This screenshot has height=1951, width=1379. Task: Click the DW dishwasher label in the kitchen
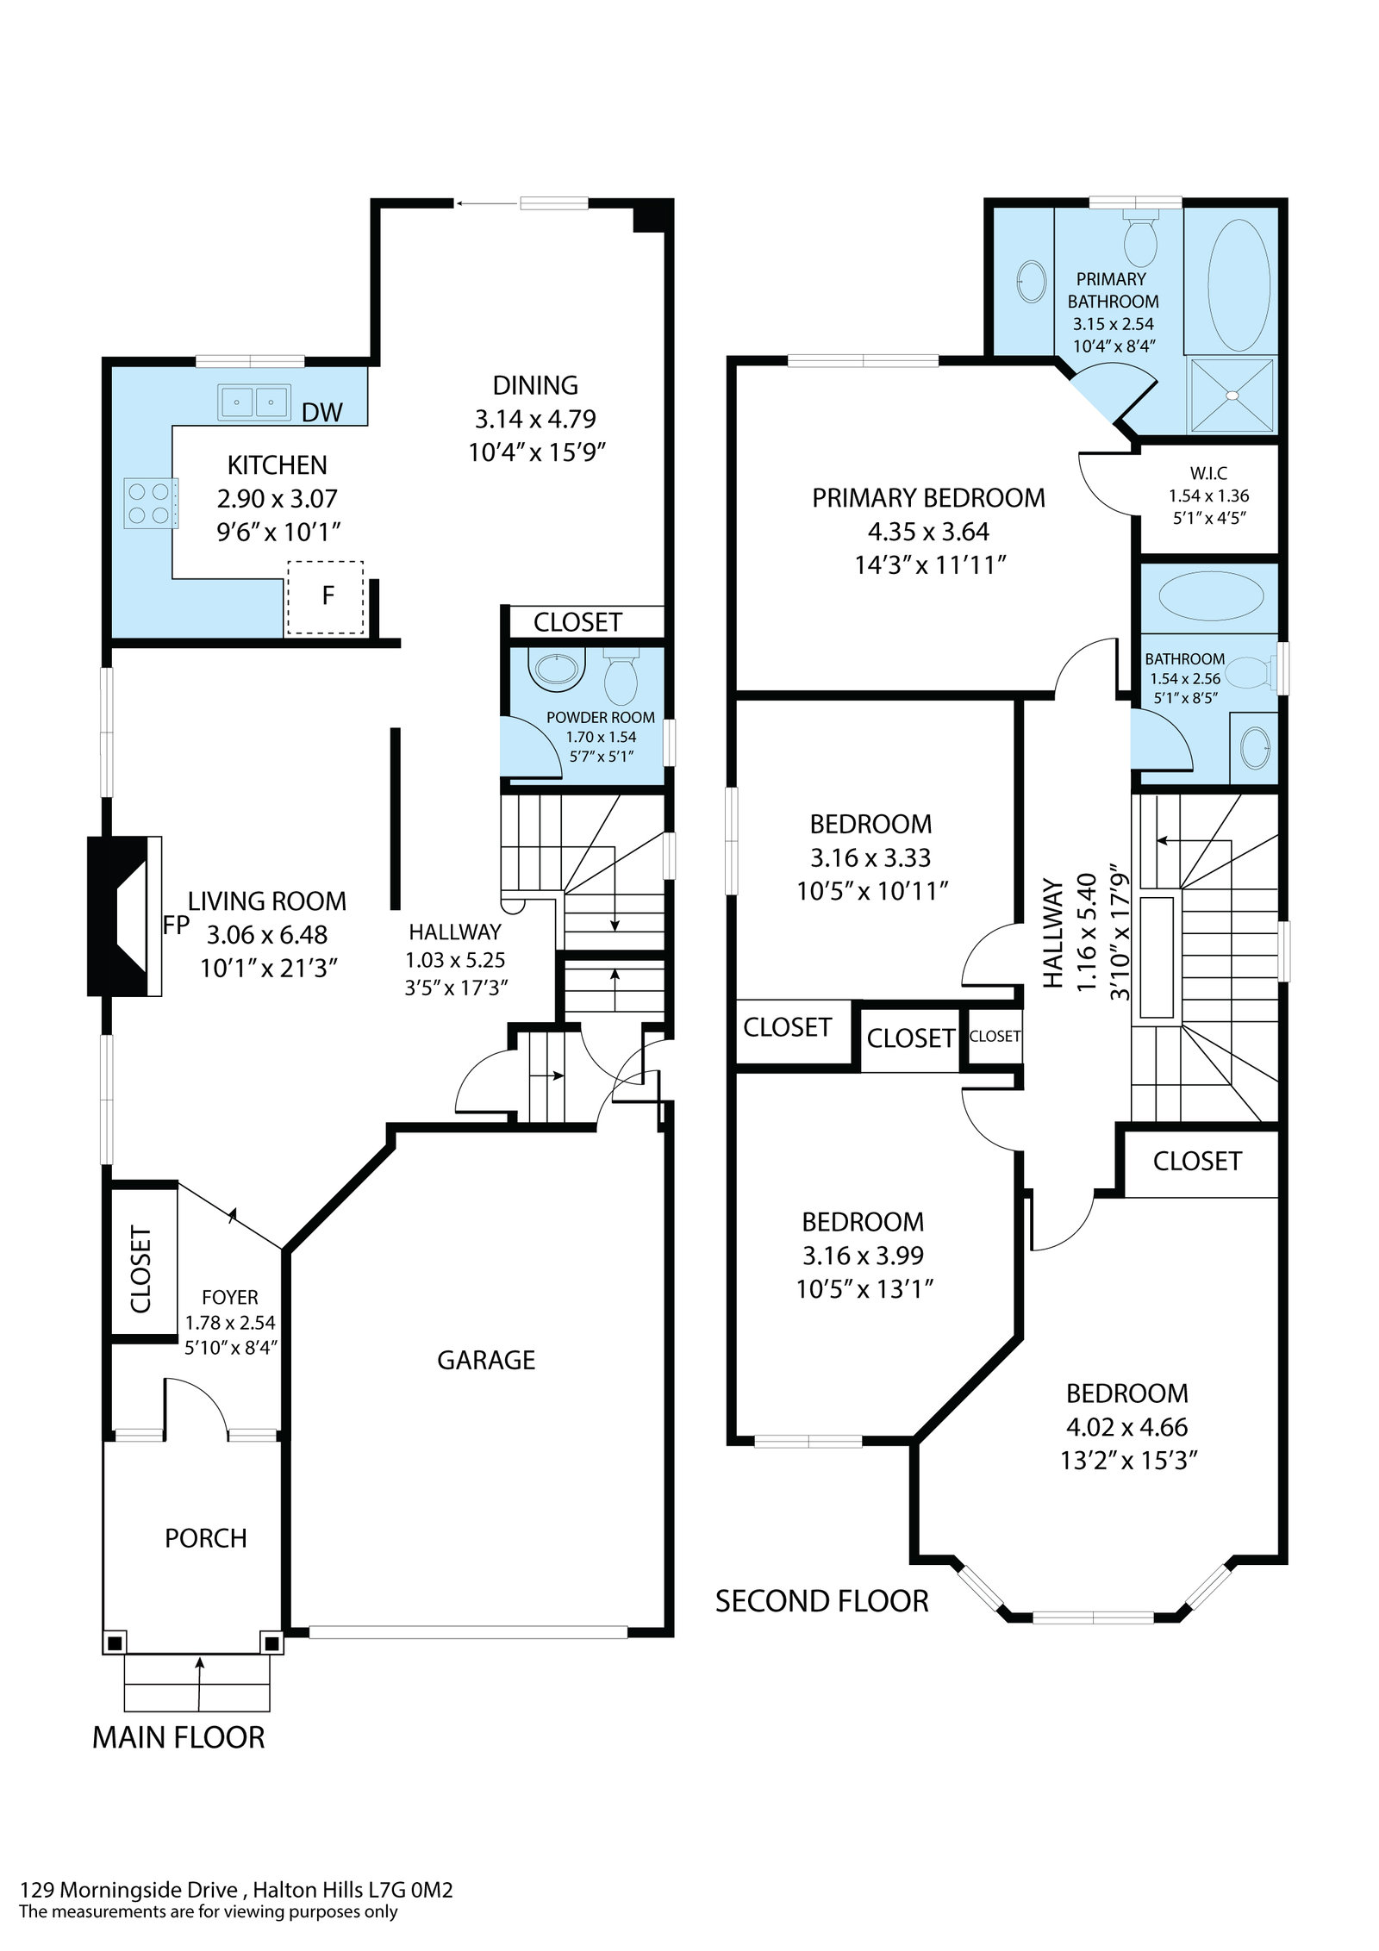pos(322,412)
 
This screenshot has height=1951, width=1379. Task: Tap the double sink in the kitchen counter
pos(253,402)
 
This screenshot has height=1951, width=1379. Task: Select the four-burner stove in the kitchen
pos(152,503)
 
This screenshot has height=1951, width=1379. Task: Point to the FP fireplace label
pos(176,926)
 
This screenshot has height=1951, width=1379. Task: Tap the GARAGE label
pos(486,1360)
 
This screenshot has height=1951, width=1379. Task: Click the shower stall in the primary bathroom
pos(1232,396)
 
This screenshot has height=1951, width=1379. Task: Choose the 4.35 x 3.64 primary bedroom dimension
pos(928,532)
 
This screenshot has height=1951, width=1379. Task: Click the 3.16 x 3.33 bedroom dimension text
pos(870,858)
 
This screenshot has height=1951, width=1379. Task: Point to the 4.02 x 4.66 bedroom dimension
pos(1127,1427)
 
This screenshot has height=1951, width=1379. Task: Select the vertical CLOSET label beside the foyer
pos(141,1270)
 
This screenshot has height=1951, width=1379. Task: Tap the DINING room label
pos(535,385)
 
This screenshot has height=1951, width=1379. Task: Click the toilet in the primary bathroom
pos(1141,238)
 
